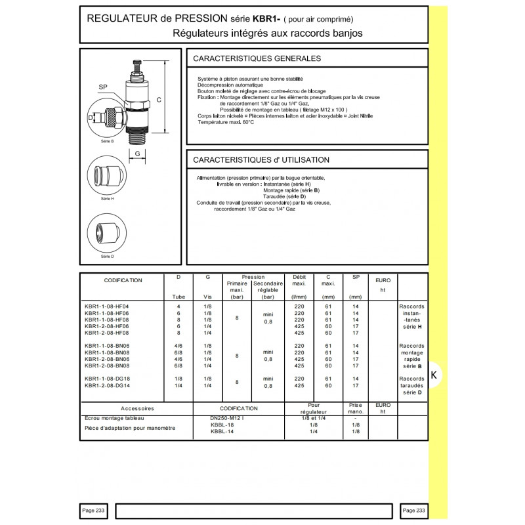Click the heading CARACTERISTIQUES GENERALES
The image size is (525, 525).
[x=257, y=58]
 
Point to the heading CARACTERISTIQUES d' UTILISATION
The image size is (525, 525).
[x=261, y=159]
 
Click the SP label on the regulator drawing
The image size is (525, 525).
[x=103, y=87]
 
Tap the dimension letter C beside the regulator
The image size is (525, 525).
[x=159, y=100]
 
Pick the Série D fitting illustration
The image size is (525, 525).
[x=106, y=233]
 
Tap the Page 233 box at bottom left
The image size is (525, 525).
[x=93, y=511]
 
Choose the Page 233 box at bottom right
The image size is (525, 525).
[x=414, y=511]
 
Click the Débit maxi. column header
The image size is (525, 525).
[x=299, y=280]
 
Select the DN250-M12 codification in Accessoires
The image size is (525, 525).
[x=226, y=418]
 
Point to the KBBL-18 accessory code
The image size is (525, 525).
[x=222, y=425]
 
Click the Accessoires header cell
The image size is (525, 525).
[x=137, y=408]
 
